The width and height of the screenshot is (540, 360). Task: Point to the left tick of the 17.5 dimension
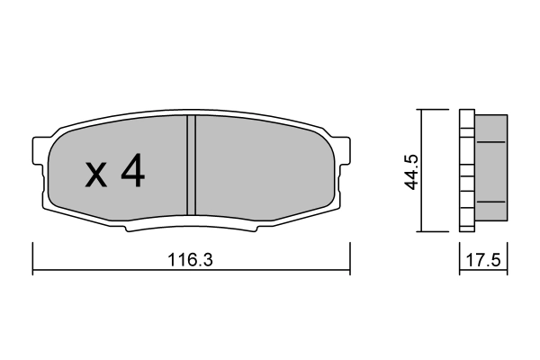pyautogui.click(x=460, y=261)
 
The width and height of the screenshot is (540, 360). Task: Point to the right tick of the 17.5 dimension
pyautogui.click(x=508, y=261)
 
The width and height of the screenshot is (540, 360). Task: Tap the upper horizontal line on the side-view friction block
pyautogui.click(x=490, y=142)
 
